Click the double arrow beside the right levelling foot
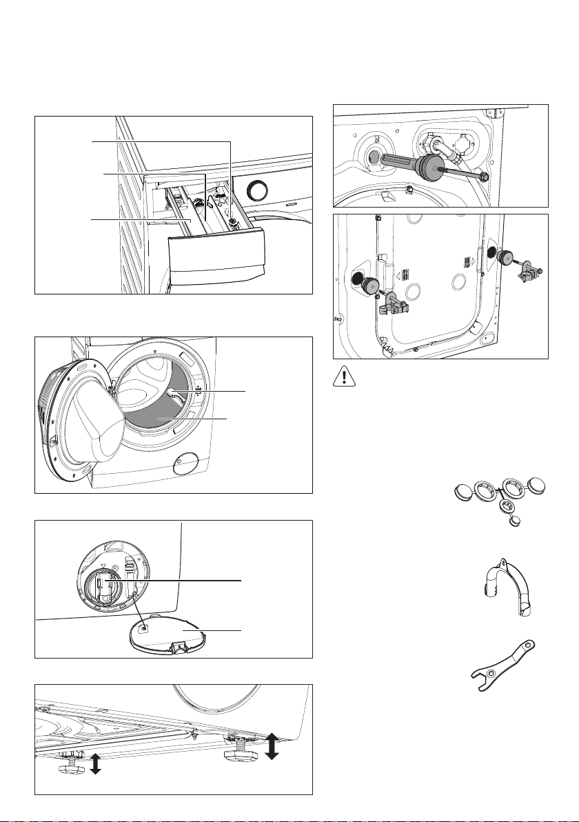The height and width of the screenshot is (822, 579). coord(272,746)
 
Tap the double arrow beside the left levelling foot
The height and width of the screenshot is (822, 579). coord(95,763)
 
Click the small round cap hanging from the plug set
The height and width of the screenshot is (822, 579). coord(512,521)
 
